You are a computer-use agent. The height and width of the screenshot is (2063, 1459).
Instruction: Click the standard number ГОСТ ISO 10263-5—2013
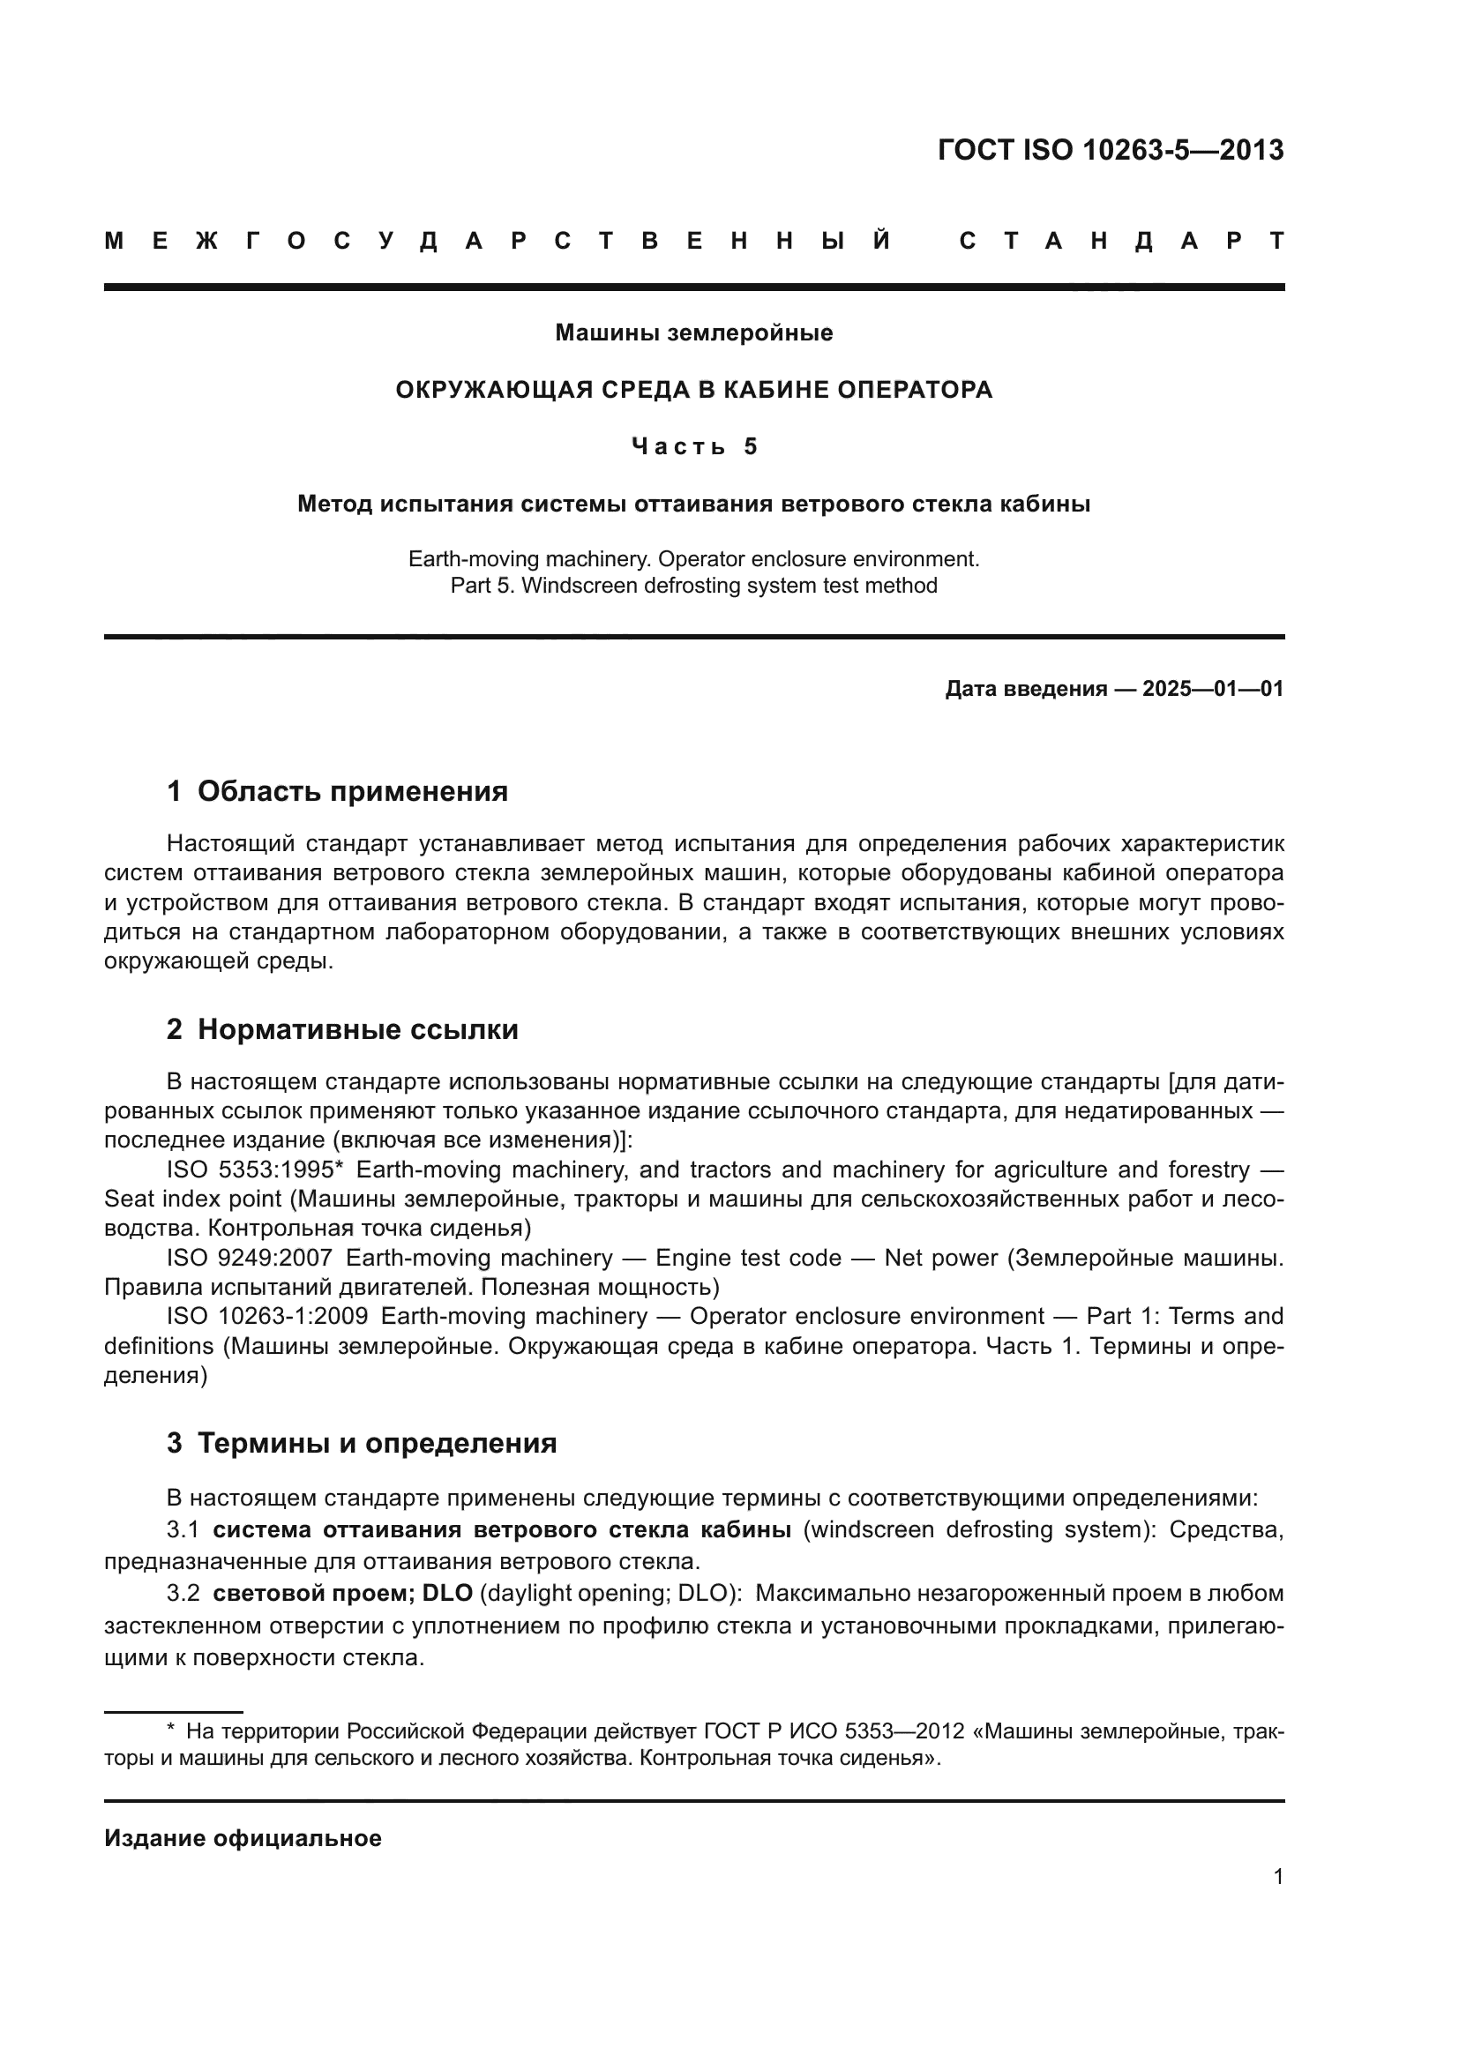click(1111, 150)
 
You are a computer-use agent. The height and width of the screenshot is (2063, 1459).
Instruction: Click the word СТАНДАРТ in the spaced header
click(1121, 241)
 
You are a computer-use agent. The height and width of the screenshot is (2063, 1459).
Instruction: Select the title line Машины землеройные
click(693, 333)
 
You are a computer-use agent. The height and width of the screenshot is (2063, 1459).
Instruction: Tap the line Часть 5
click(693, 446)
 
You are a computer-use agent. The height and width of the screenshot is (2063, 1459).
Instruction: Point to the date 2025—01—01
click(1213, 689)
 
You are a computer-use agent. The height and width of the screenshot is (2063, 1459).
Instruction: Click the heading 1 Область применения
click(337, 791)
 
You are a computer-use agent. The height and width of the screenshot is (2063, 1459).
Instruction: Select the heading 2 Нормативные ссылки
click(342, 1029)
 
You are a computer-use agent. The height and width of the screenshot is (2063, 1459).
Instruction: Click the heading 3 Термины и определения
click(361, 1444)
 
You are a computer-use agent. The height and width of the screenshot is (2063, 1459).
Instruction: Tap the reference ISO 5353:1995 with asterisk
click(250, 1170)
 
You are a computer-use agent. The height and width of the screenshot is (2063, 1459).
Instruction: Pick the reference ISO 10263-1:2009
click(266, 1316)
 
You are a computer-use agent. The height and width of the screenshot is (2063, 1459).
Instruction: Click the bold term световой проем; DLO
click(342, 1593)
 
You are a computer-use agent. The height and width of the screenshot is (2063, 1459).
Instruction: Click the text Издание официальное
click(243, 1838)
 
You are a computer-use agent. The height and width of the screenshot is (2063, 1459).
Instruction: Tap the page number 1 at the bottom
click(1277, 1876)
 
